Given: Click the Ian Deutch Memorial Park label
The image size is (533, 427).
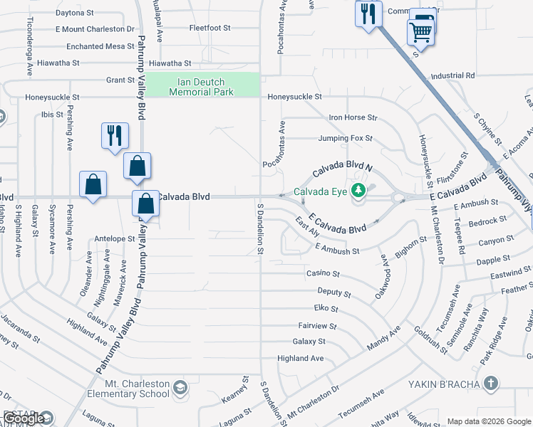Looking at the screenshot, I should (202, 86).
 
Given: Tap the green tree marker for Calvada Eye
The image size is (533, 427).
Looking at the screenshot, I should (359, 190).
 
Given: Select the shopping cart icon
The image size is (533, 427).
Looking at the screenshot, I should (420, 32).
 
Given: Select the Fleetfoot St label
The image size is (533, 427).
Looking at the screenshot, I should (210, 28).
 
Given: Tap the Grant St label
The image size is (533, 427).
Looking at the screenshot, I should (120, 80).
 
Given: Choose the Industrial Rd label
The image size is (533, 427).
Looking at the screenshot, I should (452, 75).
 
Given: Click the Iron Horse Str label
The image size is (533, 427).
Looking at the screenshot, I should (353, 117).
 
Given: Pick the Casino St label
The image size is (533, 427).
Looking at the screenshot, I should (323, 273).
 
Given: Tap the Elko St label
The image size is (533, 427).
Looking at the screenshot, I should (326, 308).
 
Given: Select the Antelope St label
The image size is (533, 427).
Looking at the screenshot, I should (114, 239).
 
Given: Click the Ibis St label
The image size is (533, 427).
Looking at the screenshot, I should (52, 115).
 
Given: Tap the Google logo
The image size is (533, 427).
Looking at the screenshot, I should (24, 418).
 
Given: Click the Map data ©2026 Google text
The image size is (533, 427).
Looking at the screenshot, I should (489, 421).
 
